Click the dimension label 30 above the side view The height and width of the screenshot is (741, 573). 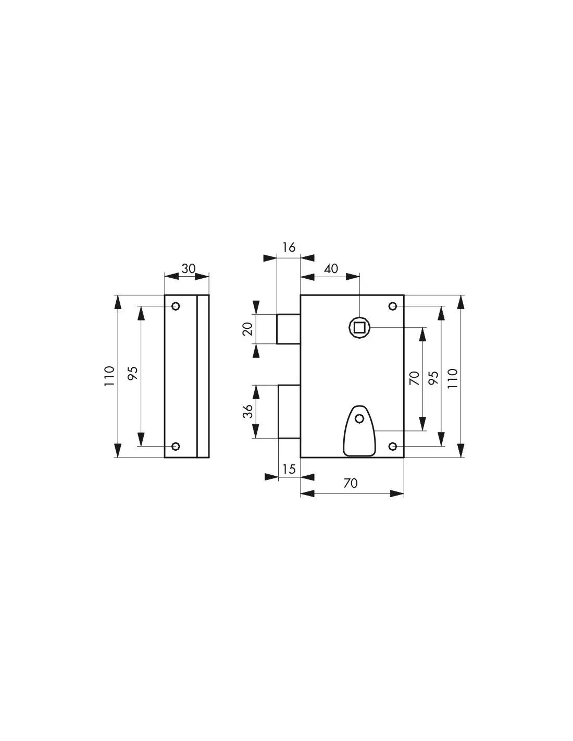click(x=189, y=269)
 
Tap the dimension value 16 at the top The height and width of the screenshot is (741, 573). click(x=289, y=247)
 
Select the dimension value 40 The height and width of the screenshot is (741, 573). click(x=331, y=269)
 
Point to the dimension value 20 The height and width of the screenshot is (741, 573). click(x=248, y=329)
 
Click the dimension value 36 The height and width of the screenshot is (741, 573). click(x=248, y=411)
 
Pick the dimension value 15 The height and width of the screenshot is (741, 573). click(x=289, y=470)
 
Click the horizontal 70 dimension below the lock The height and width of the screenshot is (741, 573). click(x=351, y=483)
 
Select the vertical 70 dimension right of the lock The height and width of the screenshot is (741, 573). click(x=414, y=378)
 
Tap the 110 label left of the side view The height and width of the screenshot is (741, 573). click(x=109, y=376)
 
